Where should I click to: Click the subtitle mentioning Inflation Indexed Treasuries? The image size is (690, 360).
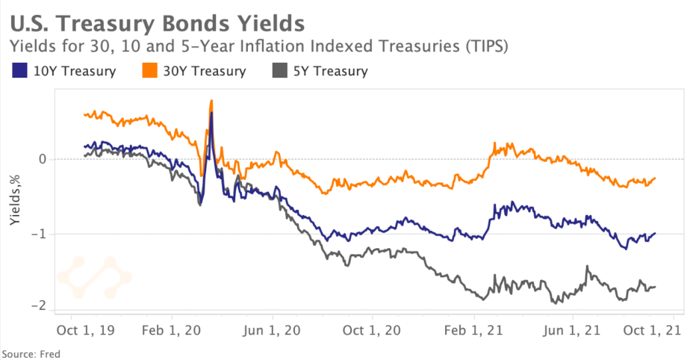click(x=258, y=46)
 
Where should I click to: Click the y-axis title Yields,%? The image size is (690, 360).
click(x=14, y=201)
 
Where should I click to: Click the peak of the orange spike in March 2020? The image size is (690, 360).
click(x=212, y=100)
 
